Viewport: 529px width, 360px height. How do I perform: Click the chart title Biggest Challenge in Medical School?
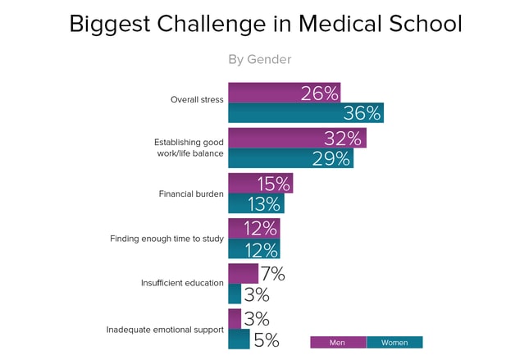click(265, 24)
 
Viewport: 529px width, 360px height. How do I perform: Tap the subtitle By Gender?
click(259, 59)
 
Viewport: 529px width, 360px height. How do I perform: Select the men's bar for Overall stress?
click(284, 93)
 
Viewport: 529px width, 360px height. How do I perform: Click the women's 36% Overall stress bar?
click(305, 113)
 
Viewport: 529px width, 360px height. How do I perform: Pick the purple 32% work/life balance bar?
click(297, 138)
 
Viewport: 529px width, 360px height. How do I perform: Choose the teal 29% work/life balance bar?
click(290, 158)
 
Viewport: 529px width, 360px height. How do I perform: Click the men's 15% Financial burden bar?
click(260, 183)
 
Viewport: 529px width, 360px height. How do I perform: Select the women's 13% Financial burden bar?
click(256, 203)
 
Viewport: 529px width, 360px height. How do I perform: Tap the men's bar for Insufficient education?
click(243, 273)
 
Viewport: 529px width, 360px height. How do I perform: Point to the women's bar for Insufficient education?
click(235, 294)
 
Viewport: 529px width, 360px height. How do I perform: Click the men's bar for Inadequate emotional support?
click(235, 318)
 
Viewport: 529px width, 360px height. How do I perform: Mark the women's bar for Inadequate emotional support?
click(239, 339)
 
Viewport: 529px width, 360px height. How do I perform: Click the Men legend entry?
click(337, 343)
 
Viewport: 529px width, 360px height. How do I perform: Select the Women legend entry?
click(394, 343)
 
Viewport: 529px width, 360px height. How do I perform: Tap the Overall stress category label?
click(197, 100)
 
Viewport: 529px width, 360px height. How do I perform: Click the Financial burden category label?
click(190, 194)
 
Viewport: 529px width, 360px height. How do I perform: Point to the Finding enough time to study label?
click(166, 239)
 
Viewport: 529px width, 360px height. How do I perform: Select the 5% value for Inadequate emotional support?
click(267, 339)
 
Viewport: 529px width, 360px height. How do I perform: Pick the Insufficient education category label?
click(182, 283)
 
